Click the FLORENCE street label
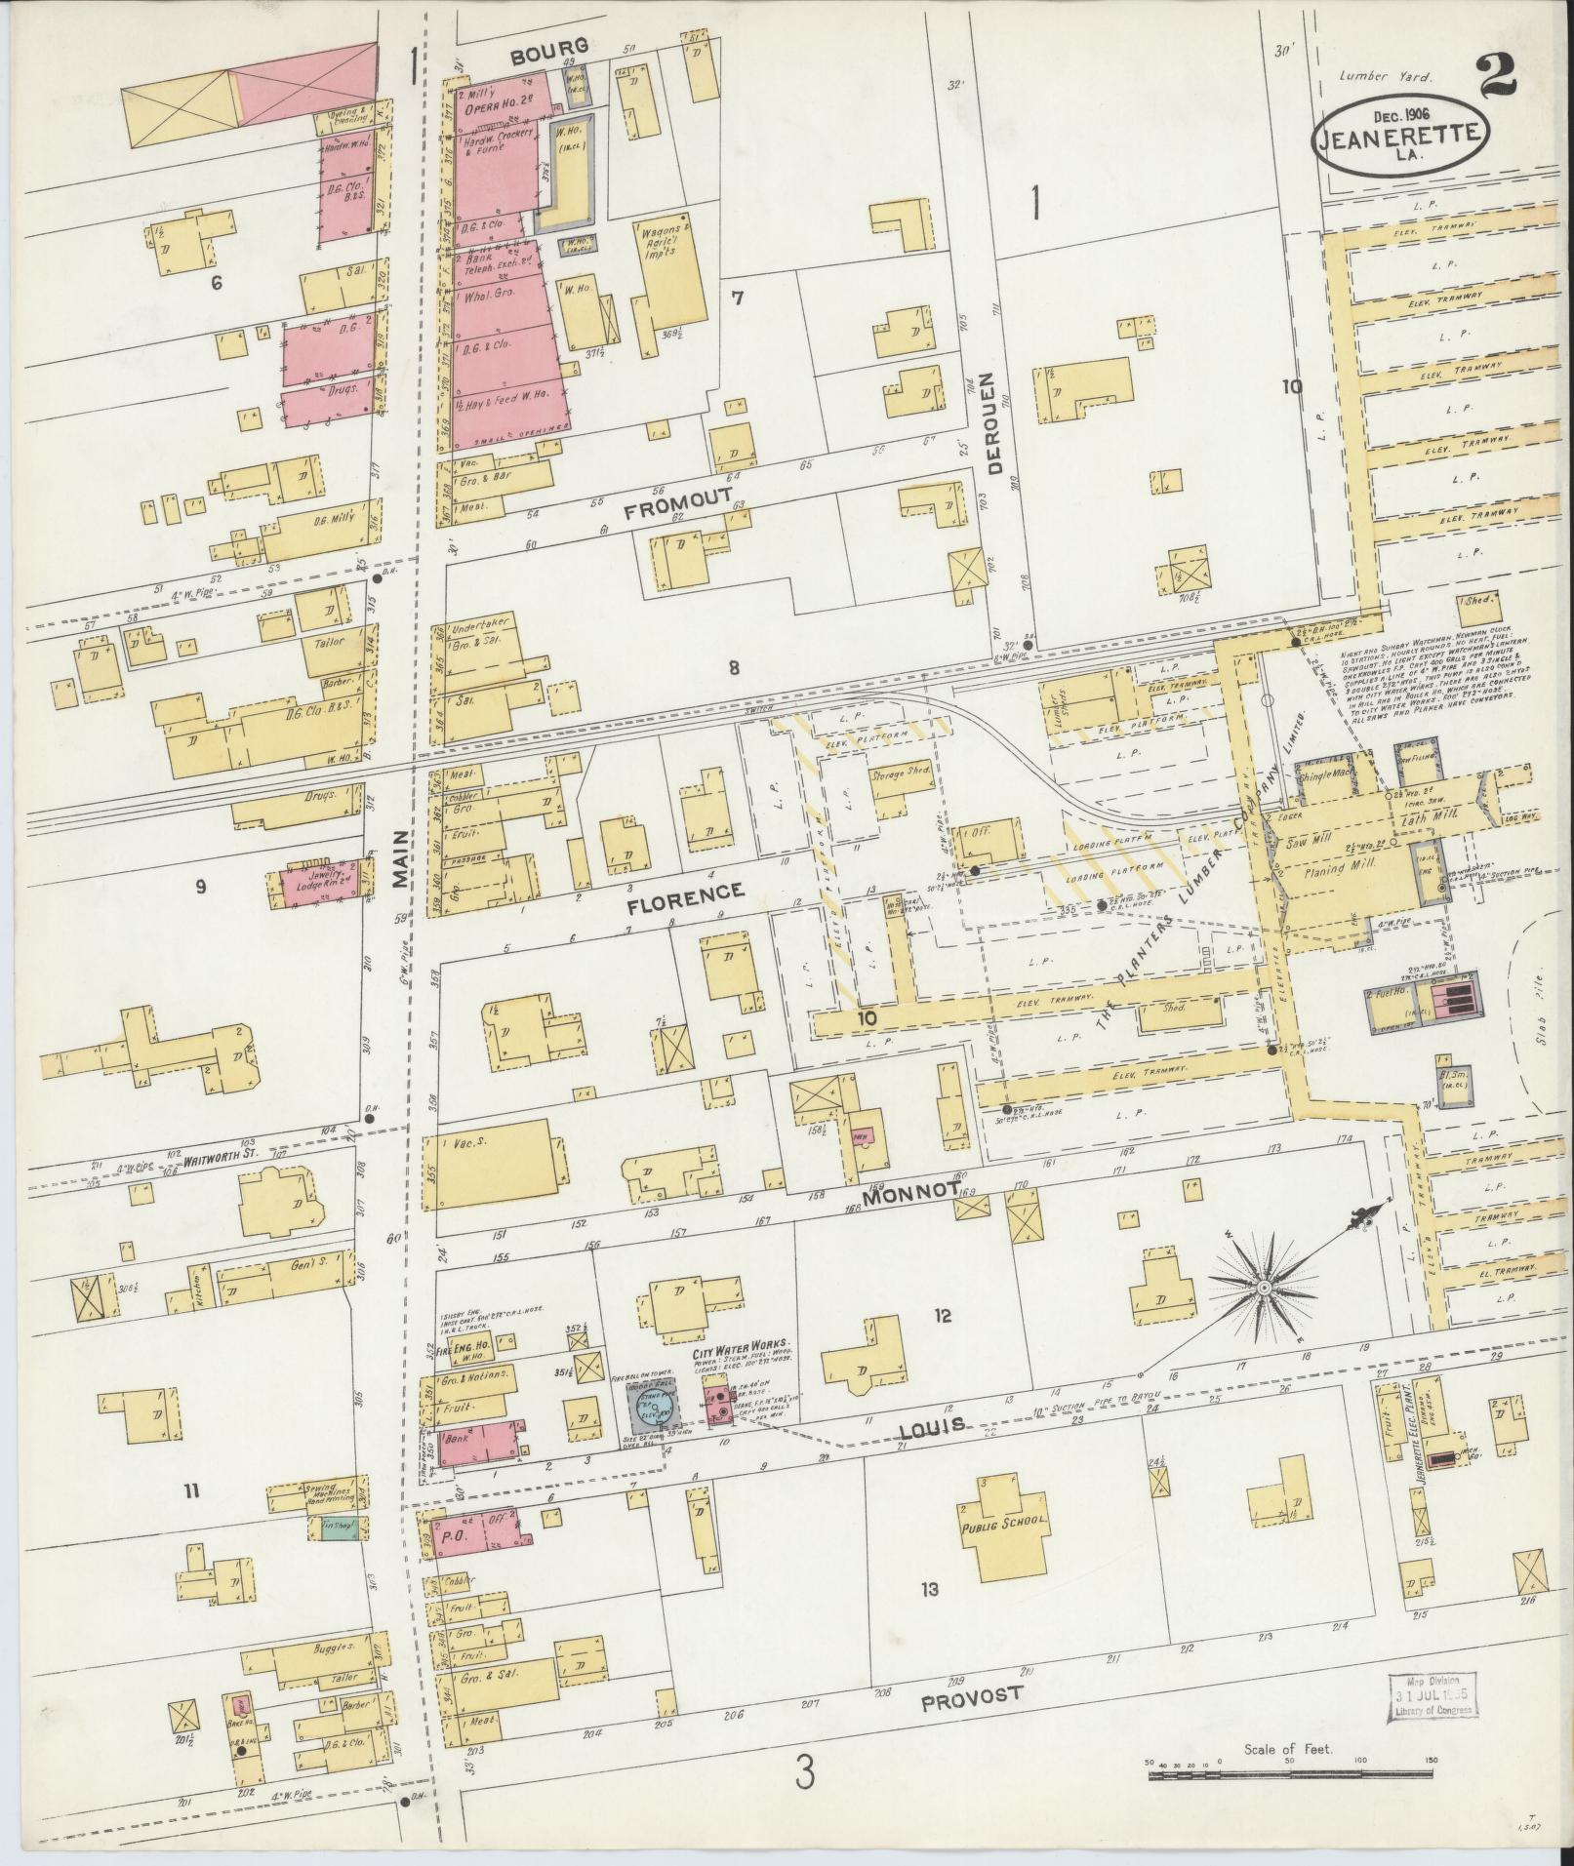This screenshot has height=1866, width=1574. click(x=685, y=891)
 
